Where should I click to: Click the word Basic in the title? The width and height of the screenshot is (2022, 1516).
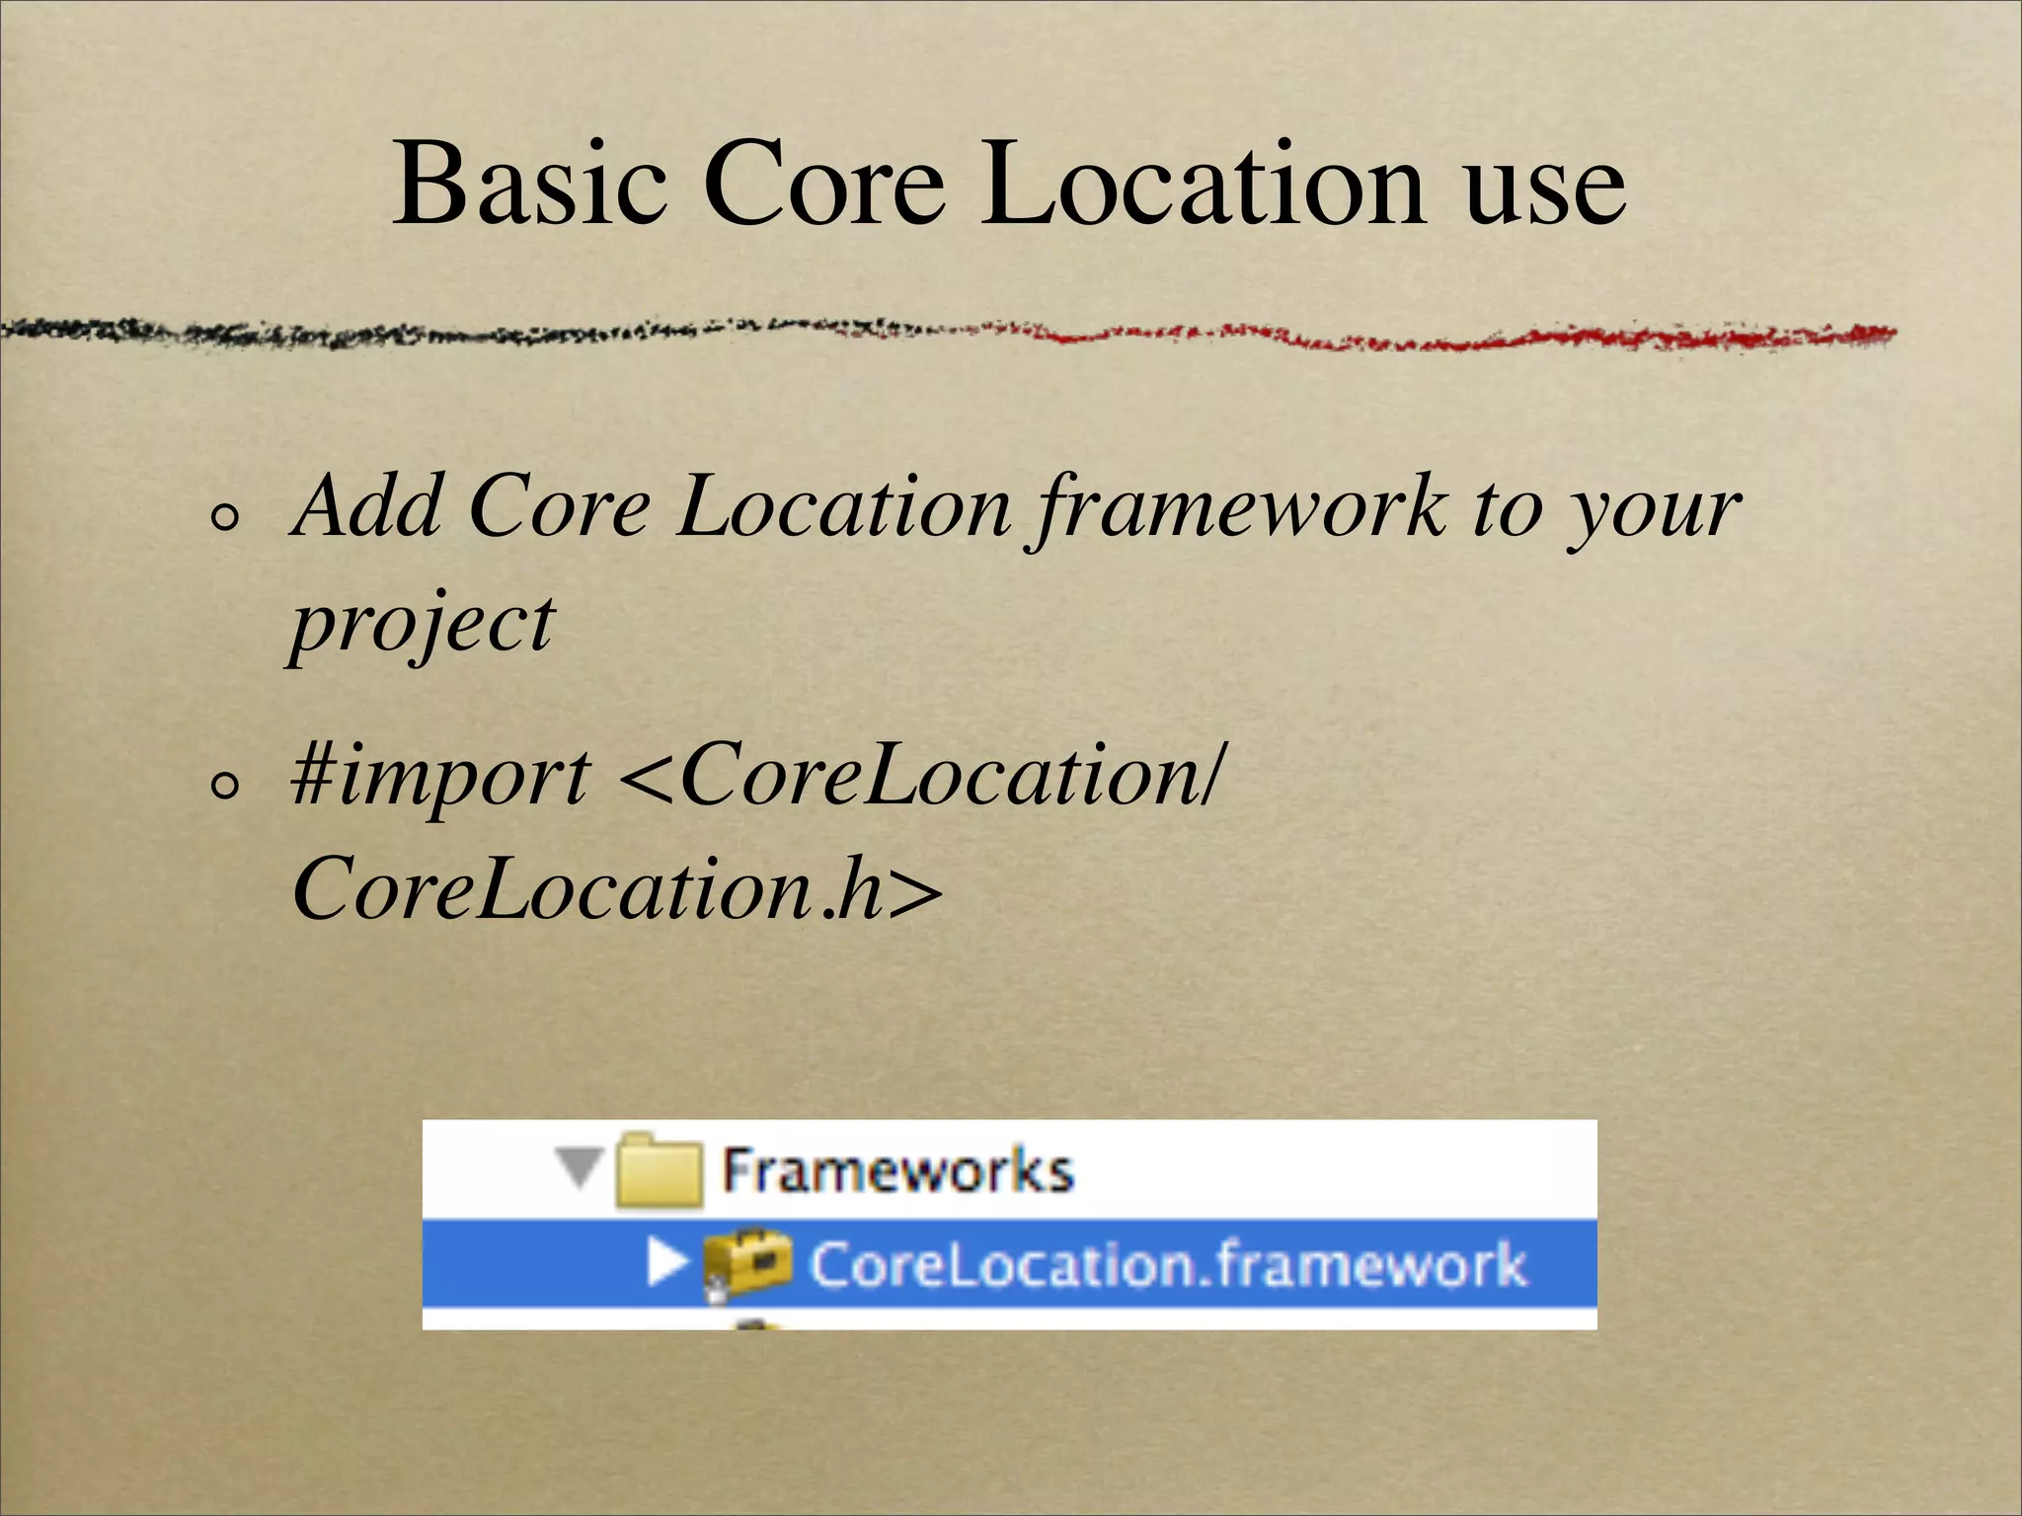tap(528, 185)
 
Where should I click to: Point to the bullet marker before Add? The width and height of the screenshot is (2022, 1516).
tap(226, 517)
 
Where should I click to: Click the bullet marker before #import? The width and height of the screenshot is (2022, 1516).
tap(226, 787)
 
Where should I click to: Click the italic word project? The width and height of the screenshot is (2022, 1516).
tap(423, 626)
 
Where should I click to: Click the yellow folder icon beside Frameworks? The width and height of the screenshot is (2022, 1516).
tap(659, 1172)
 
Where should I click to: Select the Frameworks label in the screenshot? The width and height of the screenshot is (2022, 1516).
tap(897, 1172)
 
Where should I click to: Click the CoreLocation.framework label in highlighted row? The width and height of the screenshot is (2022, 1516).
tap(1167, 1264)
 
